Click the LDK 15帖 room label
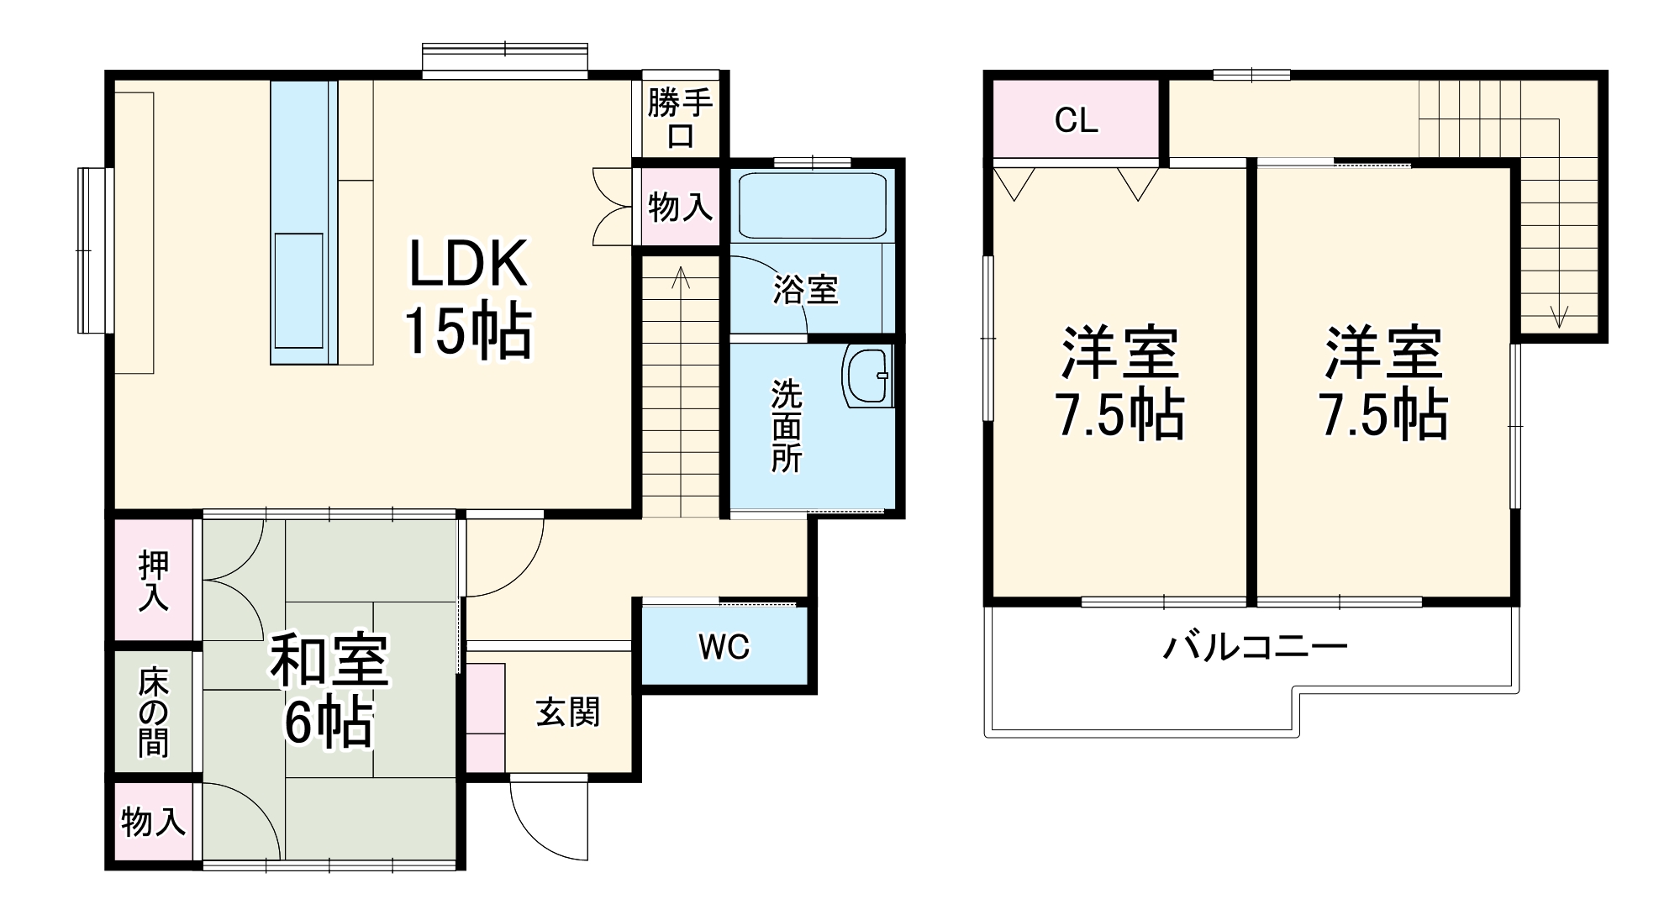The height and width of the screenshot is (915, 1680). click(x=468, y=298)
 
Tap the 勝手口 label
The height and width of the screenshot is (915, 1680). click(x=680, y=119)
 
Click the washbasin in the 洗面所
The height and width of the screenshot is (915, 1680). click(x=868, y=376)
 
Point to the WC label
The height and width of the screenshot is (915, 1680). click(x=724, y=647)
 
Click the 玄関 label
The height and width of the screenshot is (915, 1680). click(x=568, y=713)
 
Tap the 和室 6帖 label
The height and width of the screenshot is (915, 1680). click(x=329, y=691)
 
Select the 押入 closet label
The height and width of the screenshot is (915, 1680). click(x=154, y=581)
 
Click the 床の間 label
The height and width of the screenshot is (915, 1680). click(x=154, y=712)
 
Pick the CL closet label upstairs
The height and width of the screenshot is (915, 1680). click(x=1076, y=121)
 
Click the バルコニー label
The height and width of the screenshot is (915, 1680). click(x=1255, y=647)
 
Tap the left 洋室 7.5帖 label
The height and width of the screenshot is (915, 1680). click(x=1119, y=383)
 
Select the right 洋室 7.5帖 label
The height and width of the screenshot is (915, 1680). click(x=1383, y=383)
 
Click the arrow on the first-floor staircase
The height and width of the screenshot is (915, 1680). click(x=681, y=278)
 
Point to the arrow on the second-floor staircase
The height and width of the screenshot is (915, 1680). click(x=1559, y=314)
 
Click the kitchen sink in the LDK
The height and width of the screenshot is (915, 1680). click(x=298, y=290)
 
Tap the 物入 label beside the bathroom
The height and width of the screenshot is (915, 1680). click(x=680, y=206)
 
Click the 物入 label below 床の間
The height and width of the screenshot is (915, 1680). click(x=153, y=821)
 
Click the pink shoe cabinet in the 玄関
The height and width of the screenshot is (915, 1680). click(x=485, y=718)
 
